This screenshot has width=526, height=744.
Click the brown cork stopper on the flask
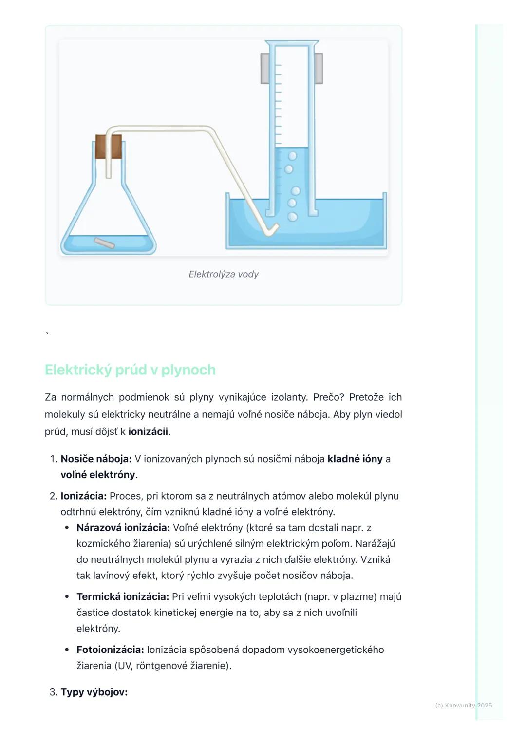(x=108, y=147)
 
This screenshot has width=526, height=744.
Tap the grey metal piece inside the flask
(x=104, y=243)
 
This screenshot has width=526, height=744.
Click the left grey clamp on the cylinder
(x=265, y=68)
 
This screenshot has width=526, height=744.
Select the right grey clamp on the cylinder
(x=318, y=68)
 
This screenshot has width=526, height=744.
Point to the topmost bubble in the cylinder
(x=293, y=156)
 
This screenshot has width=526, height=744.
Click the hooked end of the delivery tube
(x=271, y=230)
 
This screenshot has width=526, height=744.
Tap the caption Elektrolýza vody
(x=224, y=274)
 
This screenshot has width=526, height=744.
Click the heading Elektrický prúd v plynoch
(x=130, y=370)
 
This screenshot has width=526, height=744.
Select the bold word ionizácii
(x=148, y=431)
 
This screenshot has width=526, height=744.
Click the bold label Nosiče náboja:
(x=96, y=459)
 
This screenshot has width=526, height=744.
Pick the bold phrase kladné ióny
(x=355, y=459)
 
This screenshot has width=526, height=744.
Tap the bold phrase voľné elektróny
(x=97, y=474)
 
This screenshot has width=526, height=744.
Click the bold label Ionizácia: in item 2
(x=83, y=496)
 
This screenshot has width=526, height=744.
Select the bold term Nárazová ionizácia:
(x=123, y=528)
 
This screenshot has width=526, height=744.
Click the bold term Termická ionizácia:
(x=122, y=596)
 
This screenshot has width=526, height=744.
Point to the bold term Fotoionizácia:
(x=110, y=650)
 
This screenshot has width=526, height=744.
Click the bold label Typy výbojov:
(x=94, y=692)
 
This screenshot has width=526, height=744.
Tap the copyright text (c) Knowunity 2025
(x=463, y=705)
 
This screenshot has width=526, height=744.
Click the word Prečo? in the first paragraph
(x=328, y=397)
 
